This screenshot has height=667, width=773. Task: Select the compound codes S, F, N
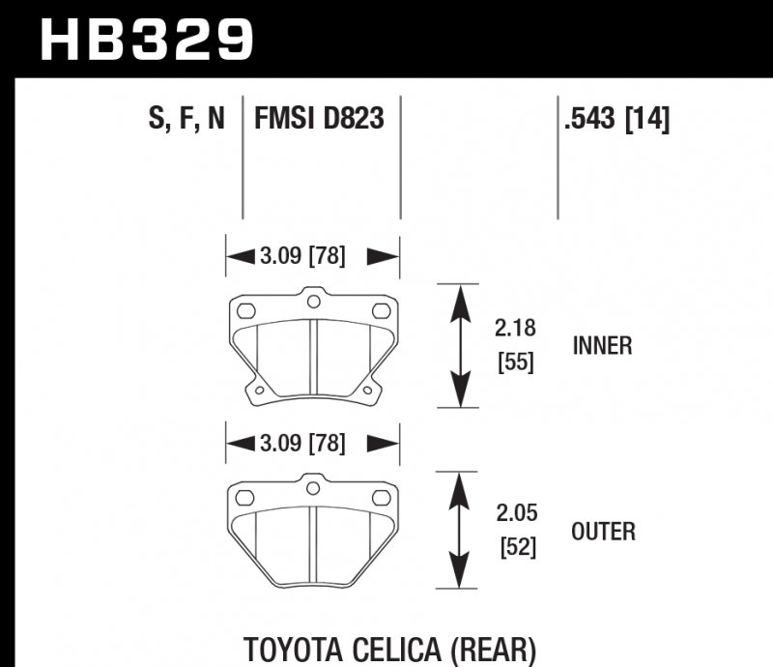pyautogui.click(x=186, y=119)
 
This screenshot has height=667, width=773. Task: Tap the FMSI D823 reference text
pyautogui.click(x=319, y=119)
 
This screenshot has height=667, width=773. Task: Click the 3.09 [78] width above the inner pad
pyautogui.click(x=302, y=256)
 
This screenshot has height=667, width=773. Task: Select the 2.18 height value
pyautogui.click(x=514, y=329)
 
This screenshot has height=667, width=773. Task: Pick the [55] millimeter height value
pyautogui.click(x=514, y=362)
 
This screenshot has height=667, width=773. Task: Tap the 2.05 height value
pyautogui.click(x=514, y=512)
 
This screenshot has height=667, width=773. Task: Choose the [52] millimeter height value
pyautogui.click(x=514, y=547)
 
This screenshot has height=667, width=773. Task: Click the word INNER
pyautogui.click(x=602, y=345)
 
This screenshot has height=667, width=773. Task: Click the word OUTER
pyautogui.click(x=603, y=531)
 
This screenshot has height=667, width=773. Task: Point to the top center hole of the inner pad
pyautogui.click(x=312, y=302)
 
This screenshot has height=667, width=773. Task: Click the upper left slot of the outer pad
pyautogui.click(x=244, y=498)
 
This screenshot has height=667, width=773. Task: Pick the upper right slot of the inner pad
pyautogui.click(x=381, y=311)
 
